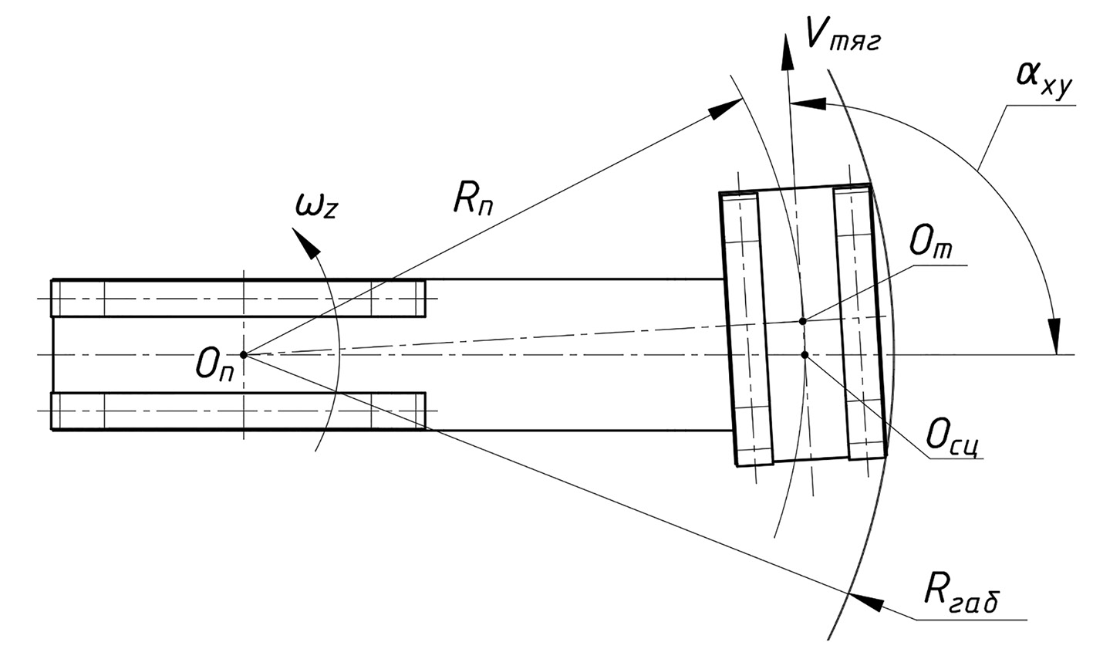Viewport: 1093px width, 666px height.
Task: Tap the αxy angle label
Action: click(1044, 82)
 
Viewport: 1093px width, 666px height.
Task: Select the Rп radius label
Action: click(472, 199)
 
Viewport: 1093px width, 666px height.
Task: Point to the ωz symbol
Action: click(316, 205)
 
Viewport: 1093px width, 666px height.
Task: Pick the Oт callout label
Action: click(930, 244)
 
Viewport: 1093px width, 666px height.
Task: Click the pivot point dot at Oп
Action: click(244, 355)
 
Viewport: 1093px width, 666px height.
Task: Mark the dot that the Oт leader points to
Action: click(802, 321)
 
